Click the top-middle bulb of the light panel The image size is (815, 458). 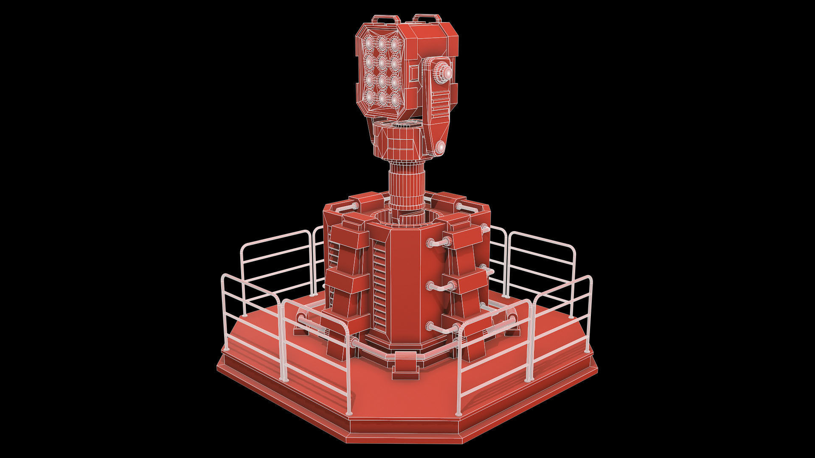[382, 42]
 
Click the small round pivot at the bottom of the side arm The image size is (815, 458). [440, 146]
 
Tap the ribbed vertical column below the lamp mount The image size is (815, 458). [407, 187]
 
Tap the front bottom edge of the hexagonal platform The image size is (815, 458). [405, 440]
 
